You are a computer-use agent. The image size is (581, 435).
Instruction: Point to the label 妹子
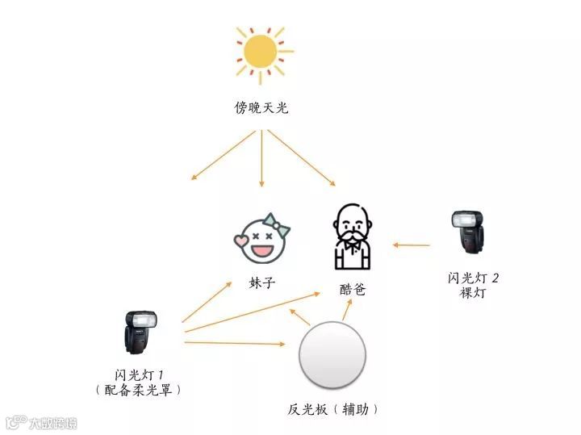point(261,283)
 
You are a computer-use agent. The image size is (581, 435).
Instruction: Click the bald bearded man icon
point(353,236)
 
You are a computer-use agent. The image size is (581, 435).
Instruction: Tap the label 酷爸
point(353,289)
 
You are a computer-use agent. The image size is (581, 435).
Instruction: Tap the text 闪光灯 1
point(140,374)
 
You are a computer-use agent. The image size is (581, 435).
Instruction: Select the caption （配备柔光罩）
point(140,390)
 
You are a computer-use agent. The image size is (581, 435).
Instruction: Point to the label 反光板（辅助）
point(333,409)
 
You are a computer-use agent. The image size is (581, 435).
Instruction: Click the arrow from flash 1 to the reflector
point(234,344)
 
